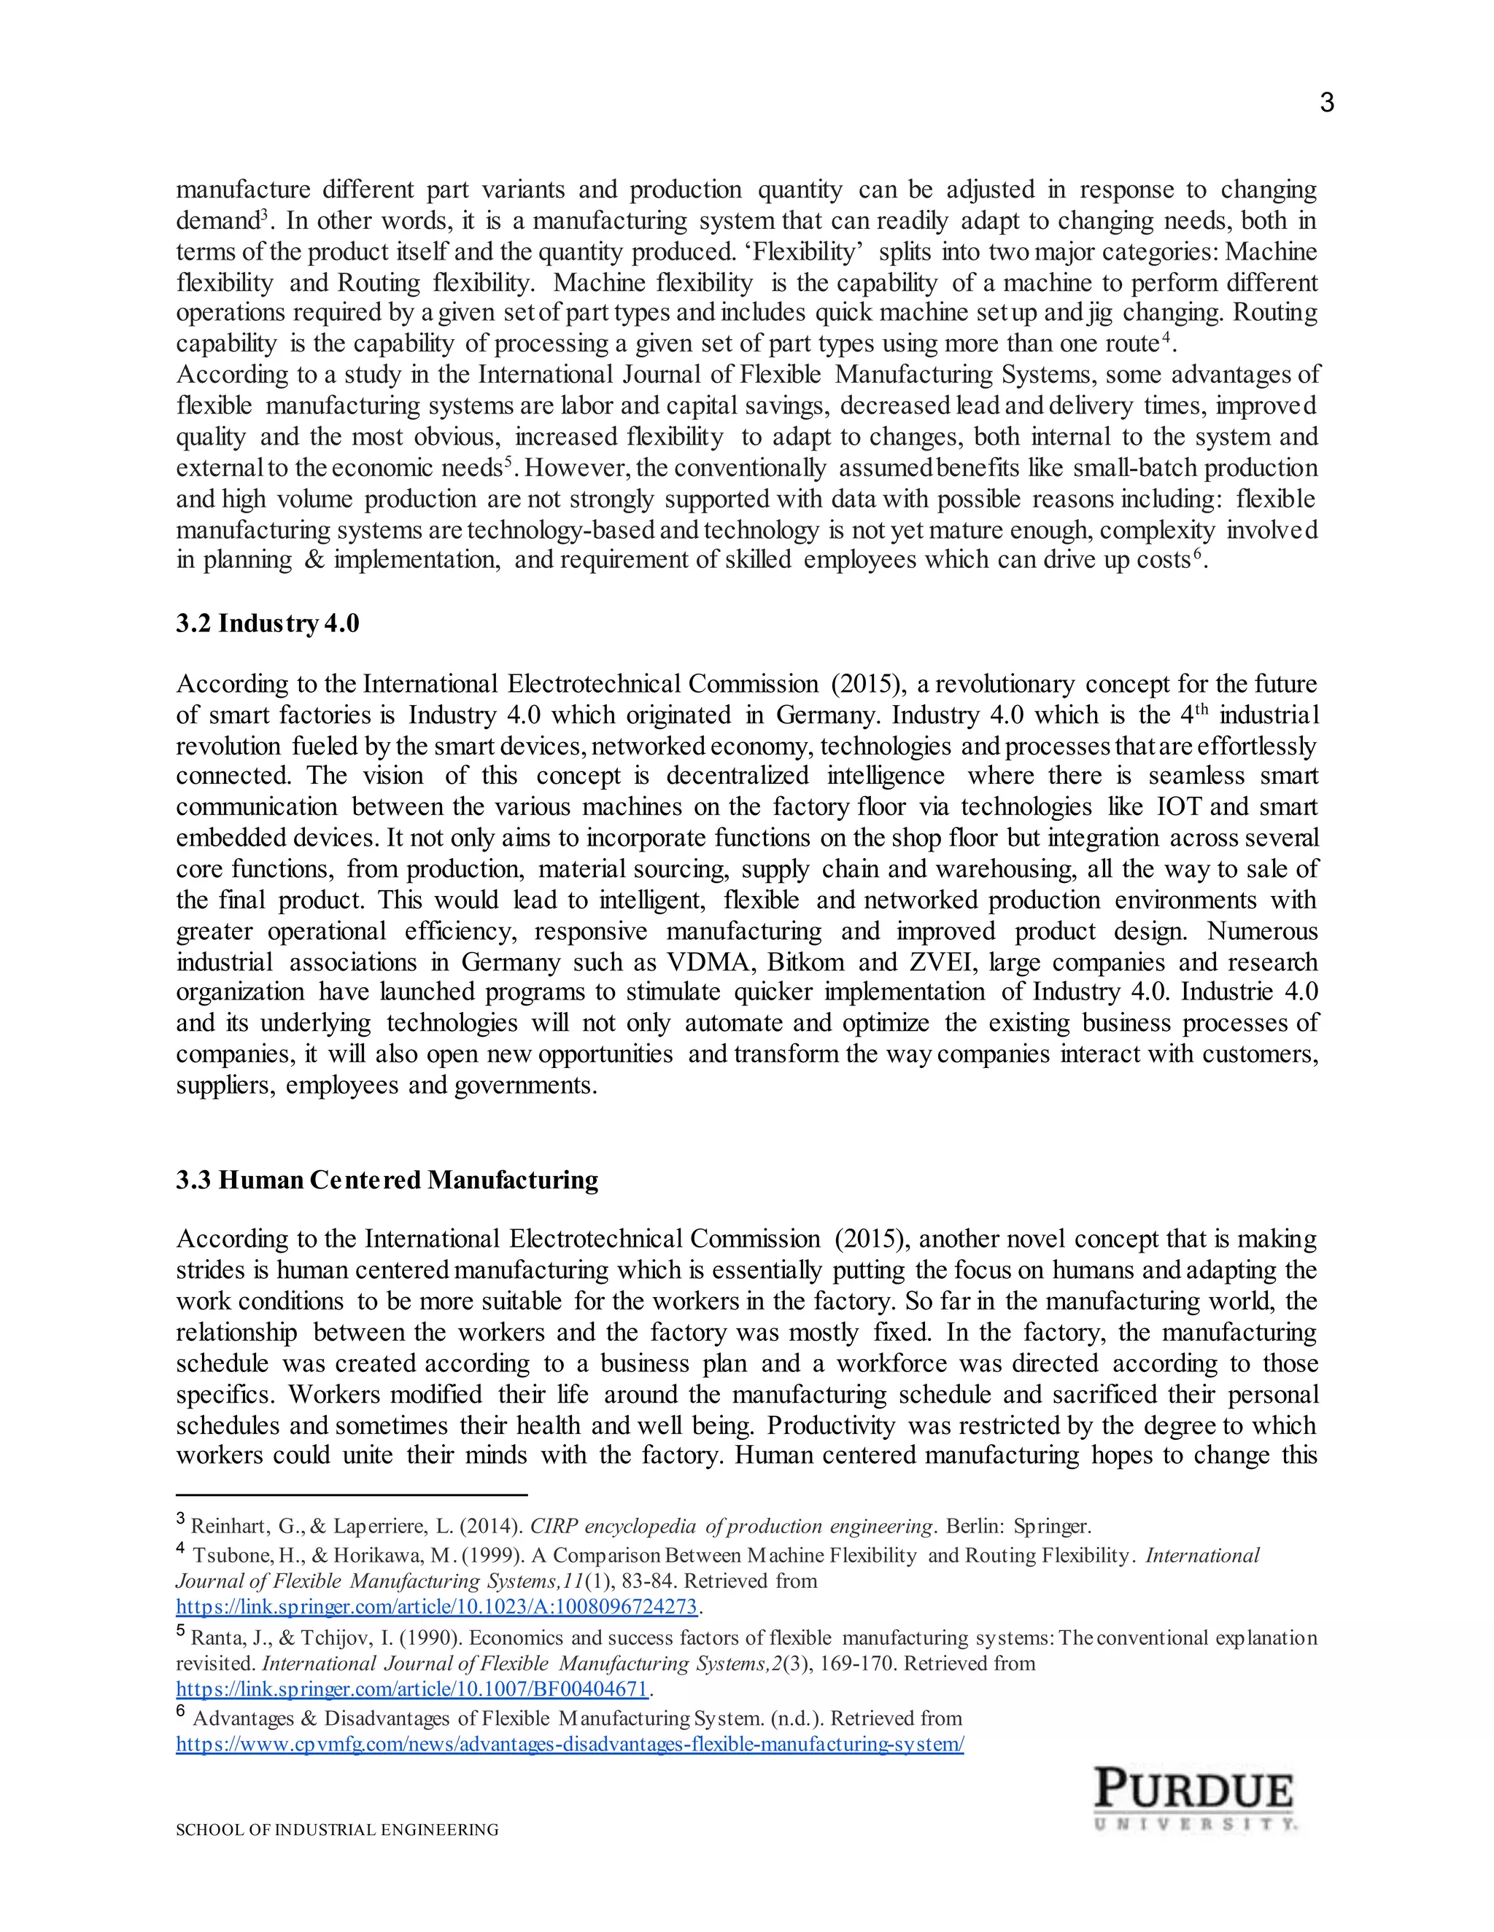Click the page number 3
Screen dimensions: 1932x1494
coord(1325,104)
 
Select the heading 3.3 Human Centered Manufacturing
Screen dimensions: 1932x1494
coord(387,1180)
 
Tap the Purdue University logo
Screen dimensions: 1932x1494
coord(1194,1799)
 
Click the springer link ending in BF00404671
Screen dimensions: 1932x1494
coord(412,1688)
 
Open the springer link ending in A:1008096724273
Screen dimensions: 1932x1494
coord(436,1605)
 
